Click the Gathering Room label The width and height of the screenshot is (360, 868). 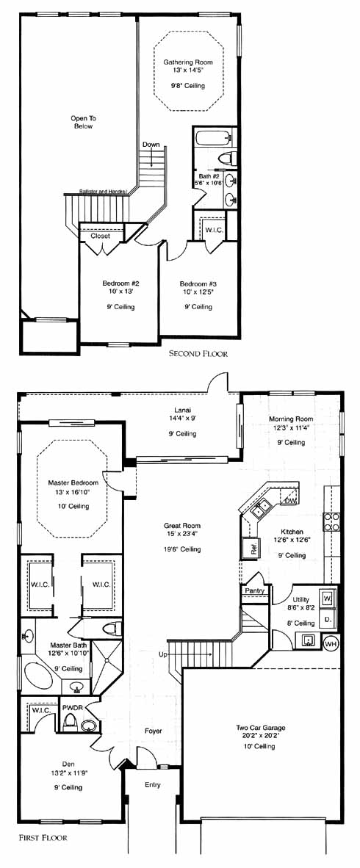click(188, 62)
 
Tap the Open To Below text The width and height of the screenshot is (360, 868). click(82, 122)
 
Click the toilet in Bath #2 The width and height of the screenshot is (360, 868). click(227, 159)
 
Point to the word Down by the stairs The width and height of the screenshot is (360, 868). click(151, 145)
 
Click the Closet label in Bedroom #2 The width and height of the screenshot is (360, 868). click(100, 235)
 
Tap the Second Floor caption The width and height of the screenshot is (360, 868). click(198, 353)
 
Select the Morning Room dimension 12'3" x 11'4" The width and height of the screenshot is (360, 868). click(292, 428)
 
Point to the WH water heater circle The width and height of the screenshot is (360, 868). click(331, 644)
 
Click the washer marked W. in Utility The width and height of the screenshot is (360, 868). click(328, 598)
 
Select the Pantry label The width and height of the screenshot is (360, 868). click(254, 591)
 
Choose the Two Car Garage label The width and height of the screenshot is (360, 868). click(259, 728)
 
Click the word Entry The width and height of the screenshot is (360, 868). click(152, 785)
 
